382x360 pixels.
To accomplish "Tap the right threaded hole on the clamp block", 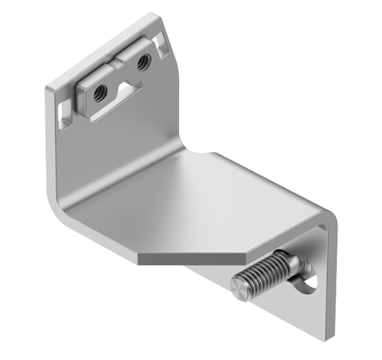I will pyautogui.click(x=144, y=61).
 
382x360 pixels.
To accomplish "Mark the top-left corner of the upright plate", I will pyautogui.click(x=48, y=90).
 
